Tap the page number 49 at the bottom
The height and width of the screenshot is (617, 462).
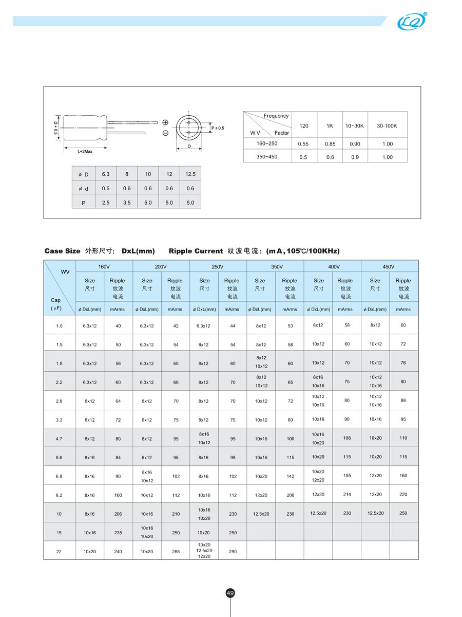(x=230, y=593)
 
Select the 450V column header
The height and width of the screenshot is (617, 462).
(x=389, y=267)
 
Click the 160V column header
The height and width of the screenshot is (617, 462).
(x=104, y=267)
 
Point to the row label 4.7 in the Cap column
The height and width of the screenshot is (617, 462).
(x=59, y=439)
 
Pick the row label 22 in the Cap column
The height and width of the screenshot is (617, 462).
(x=59, y=551)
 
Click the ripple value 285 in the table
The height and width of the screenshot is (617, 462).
(x=176, y=551)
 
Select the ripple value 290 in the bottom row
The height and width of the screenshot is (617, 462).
(x=233, y=551)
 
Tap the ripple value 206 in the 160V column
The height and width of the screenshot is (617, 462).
(x=118, y=514)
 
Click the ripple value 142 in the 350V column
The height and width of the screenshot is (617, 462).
(x=290, y=476)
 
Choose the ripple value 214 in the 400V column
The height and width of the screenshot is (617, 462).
(x=347, y=494)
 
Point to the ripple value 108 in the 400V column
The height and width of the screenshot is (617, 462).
(x=347, y=438)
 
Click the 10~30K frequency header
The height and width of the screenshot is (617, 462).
(x=355, y=126)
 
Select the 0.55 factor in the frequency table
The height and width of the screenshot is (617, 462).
(x=303, y=144)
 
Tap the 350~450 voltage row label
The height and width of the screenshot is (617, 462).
(x=267, y=157)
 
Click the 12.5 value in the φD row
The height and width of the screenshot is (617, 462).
(x=190, y=174)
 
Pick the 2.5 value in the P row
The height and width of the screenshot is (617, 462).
(x=106, y=203)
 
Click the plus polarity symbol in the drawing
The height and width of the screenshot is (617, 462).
(x=165, y=122)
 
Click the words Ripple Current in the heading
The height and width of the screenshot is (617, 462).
(x=195, y=251)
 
